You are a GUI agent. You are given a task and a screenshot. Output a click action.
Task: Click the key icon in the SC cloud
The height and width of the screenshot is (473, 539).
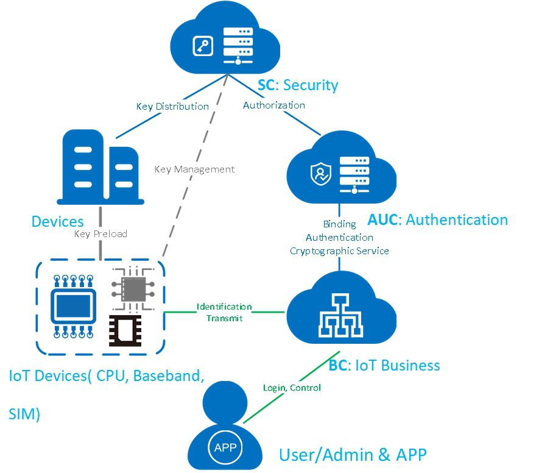tap(202, 46)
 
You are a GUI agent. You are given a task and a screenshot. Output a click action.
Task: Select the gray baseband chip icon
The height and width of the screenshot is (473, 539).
tap(129, 286)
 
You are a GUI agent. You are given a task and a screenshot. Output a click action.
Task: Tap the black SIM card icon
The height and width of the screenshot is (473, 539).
tap(129, 330)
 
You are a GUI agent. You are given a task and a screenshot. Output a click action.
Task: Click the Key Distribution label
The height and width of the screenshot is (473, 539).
tap(172, 107)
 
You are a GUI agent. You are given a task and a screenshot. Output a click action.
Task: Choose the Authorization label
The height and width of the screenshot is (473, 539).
tap(274, 105)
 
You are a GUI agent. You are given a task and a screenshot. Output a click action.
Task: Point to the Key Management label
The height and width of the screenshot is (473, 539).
tap(194, 169)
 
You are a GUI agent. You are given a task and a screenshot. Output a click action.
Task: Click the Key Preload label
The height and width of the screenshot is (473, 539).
tap(100, 233)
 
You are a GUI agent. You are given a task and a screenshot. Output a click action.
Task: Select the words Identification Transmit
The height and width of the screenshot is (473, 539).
tap(224, 312)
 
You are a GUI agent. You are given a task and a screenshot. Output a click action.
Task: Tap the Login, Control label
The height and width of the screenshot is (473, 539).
tap(292, 388)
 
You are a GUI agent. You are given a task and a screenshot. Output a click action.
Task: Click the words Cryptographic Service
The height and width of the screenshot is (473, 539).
tap(339, 251)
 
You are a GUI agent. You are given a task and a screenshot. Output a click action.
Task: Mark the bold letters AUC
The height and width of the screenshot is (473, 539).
tap(382, 219)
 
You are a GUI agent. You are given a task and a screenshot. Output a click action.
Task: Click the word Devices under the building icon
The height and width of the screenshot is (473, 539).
tap(57, 221)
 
